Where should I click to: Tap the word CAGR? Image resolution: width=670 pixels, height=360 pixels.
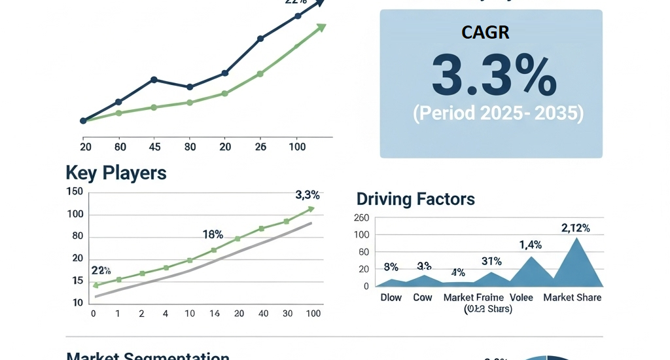(x=485, y=32)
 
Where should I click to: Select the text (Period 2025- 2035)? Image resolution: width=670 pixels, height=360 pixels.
(x=498, y=113)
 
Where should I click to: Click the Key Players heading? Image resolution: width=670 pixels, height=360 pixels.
(x=116, y=173)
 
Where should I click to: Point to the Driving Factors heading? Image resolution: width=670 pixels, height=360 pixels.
(x=415, y=199)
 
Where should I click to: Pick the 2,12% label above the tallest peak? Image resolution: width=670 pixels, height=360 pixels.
(x=576, y=228)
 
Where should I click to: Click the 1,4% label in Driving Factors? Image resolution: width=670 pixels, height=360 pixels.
(x=531, y=245)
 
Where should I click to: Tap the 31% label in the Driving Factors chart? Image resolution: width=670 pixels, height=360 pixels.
(x=491, y=261)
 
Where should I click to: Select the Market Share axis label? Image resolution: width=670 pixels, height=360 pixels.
(x=573, y=297)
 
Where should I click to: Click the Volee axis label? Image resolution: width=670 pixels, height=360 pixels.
(x=521, y=297)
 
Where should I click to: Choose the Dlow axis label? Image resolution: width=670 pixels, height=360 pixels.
(x=391, y=297)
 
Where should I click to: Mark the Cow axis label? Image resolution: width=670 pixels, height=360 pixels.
(x=423, y=297)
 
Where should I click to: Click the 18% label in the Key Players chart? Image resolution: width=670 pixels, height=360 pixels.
(x=213, y=234)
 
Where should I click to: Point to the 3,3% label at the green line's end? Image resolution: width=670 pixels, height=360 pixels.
(x=308, y=194)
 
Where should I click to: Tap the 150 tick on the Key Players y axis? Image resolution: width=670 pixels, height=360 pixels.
(x=75, y=191)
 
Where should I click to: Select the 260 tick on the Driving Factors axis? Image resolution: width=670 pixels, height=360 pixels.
(x=362, y=218)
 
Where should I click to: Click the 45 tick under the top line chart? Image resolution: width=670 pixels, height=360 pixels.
(x=154, y=147)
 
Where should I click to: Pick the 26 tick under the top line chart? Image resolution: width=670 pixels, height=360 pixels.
(x=261, y=147)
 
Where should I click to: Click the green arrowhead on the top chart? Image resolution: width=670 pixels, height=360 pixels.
(x=321, y=27)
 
